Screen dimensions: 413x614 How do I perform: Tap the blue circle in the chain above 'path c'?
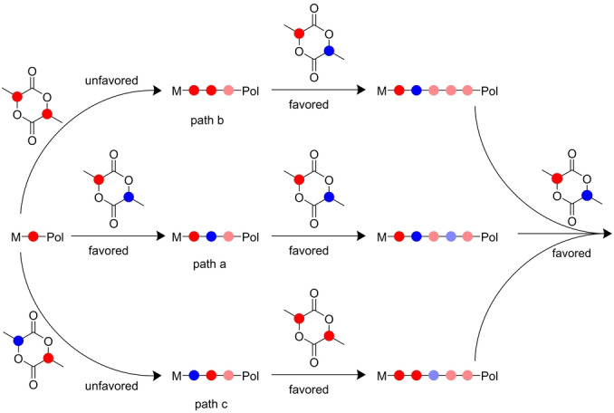pyautogui.click(x=191, y=374)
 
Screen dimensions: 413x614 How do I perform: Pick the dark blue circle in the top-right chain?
pyautogui.click(x=416, y=91)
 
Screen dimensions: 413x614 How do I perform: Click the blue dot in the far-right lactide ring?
pyautogui.click(x=586, y=195)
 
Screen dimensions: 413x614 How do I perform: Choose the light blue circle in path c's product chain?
pyautogui.click(x=433, y=374)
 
